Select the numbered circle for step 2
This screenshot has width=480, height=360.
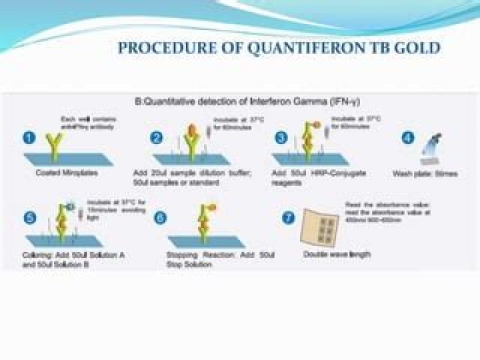[156, 139]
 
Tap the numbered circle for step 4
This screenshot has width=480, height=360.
[409, 139]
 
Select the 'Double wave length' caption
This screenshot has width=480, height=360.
[337, 254]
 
